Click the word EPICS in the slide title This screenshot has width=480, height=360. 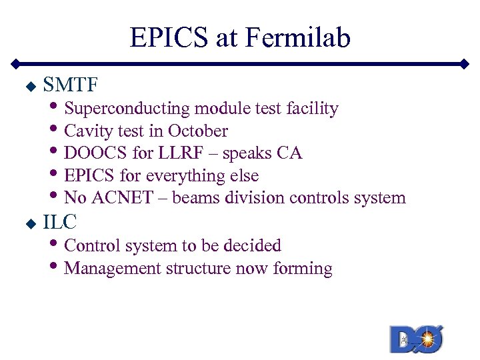pyautogui.click(x=170, y=38)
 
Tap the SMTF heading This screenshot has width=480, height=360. pyautogui.click(x=71, y=85)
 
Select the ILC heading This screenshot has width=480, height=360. pyautogui.click(x=60, y=223)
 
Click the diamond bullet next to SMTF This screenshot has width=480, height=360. pyautogui.click(x=29, y=87)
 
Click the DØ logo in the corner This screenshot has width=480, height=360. pyautogui.click(x=417, y=338)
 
